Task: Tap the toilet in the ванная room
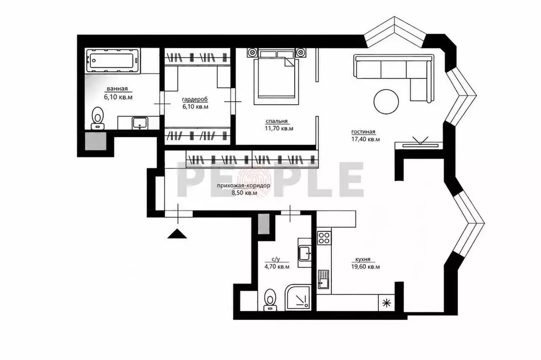coord(98,118)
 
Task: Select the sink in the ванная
coord(140,123)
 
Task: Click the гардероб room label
coord(195,100)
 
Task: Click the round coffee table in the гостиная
coord(386,101)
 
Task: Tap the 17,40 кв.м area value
coord(366,139)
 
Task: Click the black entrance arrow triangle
coord(178,234)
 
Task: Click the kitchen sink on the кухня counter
coord(323,279)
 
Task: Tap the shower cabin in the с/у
coord(299,297)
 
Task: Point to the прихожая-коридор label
coord(244,186)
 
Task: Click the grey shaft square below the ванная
coord(96,141)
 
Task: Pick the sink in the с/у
coord(305,253)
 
